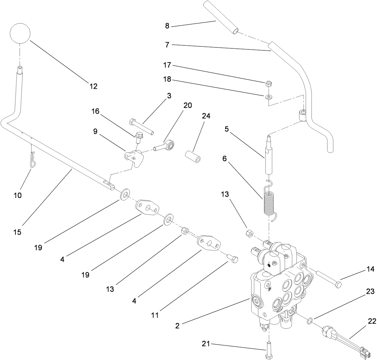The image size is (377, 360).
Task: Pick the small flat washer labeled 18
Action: click(268, 97)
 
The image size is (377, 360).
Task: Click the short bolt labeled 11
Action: click(232, 258)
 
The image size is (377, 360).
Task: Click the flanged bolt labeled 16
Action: click(138, 138)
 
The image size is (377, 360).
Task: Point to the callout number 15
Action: click(17, 232)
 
